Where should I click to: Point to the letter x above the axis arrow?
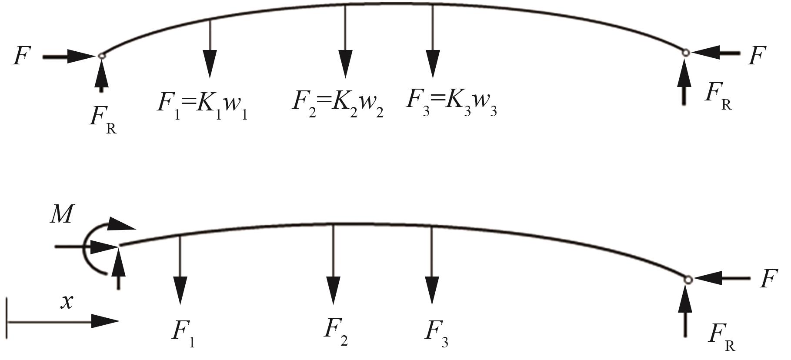coord(67,301)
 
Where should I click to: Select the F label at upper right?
coord(757,56)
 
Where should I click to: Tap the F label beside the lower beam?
coord(768,279)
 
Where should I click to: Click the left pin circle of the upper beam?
coord(101,55)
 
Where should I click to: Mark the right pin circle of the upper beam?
coord(685,53)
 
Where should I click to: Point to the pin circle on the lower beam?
coord(688,280)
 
